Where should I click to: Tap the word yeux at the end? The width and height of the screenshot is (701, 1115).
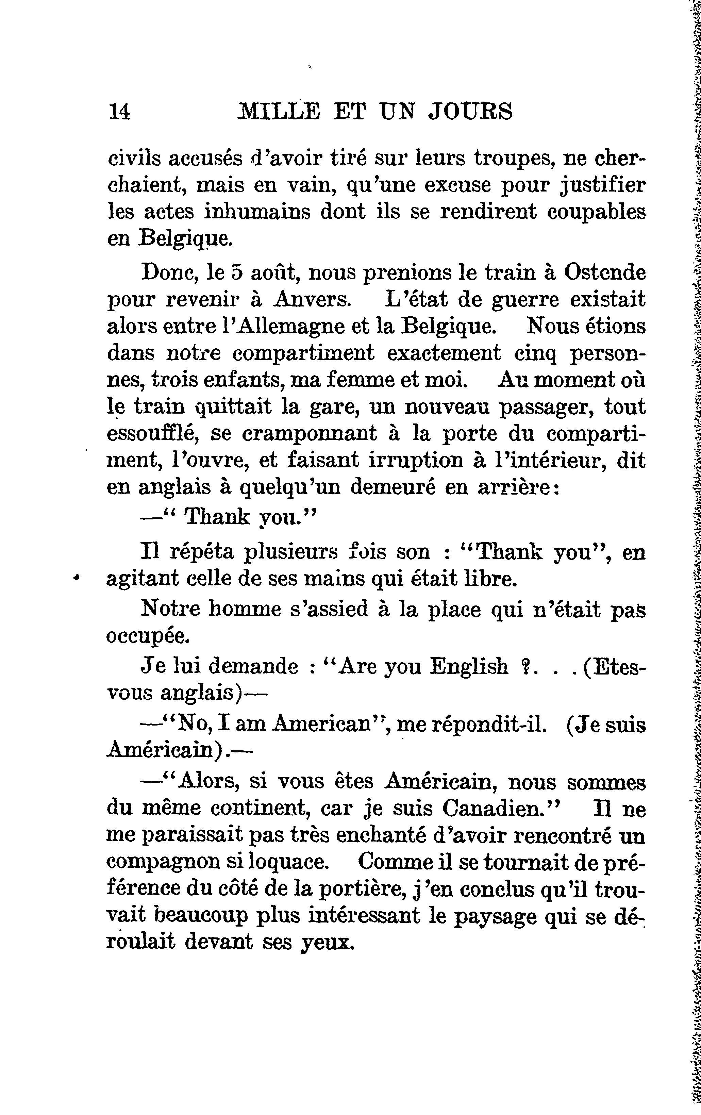324,943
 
